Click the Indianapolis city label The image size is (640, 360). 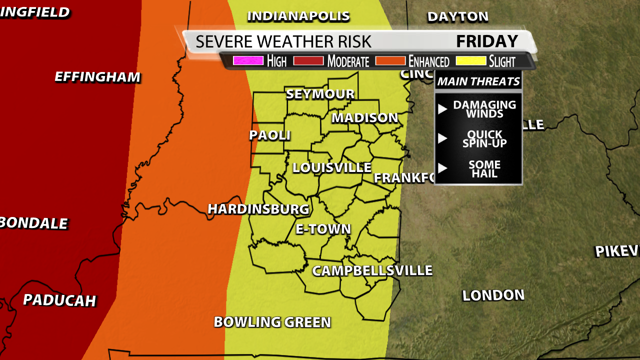298,16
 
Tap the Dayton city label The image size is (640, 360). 457,16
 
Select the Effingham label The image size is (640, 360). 97,77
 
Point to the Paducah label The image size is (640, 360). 59,300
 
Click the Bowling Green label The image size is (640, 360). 272,322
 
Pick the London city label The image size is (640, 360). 493,295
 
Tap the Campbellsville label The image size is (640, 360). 372,270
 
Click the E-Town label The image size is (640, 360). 323,229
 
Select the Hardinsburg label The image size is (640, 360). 258,209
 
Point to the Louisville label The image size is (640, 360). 332,167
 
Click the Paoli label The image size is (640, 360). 270,135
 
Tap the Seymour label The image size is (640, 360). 320,94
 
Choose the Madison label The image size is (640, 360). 365,117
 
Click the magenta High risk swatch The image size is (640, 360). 248,61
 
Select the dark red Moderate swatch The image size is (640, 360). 308,61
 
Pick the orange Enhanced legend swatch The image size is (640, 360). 390,61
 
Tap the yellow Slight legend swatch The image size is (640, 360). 470,61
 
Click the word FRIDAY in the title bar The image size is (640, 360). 487,41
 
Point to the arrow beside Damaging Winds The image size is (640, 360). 442,109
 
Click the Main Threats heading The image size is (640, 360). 478,81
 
